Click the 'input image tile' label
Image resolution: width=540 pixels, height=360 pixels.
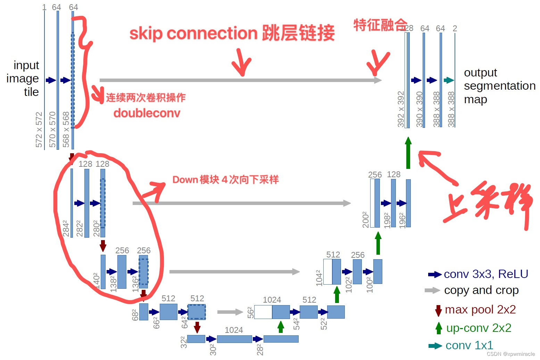click(x=23, y=79)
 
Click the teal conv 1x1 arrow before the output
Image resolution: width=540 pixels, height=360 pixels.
click(x=449, y=80)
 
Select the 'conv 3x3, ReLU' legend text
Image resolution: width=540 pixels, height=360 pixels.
click(x=486, y=274)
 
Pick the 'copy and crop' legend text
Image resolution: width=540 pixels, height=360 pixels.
click(x=481, y=290)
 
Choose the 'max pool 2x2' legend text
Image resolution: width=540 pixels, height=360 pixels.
click(x=480, y=309)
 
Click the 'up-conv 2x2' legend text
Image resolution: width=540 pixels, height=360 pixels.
click(x=479, y=328)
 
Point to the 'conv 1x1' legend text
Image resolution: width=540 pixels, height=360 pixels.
click(x=469, y=345)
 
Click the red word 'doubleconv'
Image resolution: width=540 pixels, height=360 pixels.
click(x=147, y=113)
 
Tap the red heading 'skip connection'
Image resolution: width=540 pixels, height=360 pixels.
click(x=193, y=33)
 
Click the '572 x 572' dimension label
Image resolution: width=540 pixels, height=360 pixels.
click(x=39, y=130)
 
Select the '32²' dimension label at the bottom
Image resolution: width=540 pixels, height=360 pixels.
click(x=184, y=342)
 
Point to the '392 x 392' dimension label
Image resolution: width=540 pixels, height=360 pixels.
click(x=401, y=109)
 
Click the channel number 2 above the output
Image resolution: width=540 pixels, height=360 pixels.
click(x=455, y=28)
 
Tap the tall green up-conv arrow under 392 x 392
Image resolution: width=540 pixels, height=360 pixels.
click(x=408, y=153)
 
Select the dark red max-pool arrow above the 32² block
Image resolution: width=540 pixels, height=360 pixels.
click(x=197, y=327)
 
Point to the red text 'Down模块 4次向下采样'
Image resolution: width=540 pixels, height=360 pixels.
click(x=225, y=180)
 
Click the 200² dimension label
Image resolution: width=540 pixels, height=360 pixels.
click(x=365, y=219)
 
